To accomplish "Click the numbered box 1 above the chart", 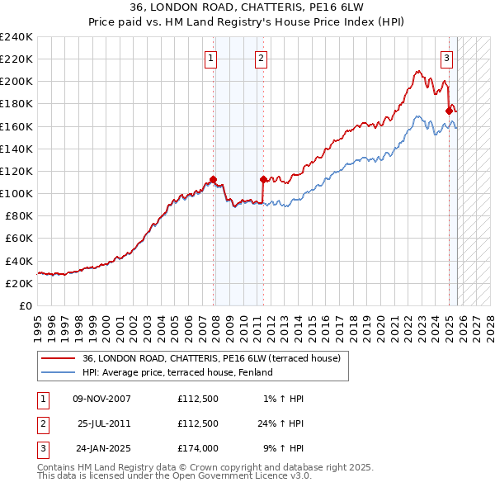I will coord(212,58).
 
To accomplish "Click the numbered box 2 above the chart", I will coord(261,58).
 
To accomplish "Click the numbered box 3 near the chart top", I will coord(446,58).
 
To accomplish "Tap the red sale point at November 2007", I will coord(213,179).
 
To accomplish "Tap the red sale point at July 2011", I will coord(263,179).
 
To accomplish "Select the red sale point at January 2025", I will coord(449,111).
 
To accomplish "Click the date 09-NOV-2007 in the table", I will coord(101,399).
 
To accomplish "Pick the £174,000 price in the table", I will coord(198,448).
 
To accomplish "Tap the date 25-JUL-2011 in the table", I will coord(104,423).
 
